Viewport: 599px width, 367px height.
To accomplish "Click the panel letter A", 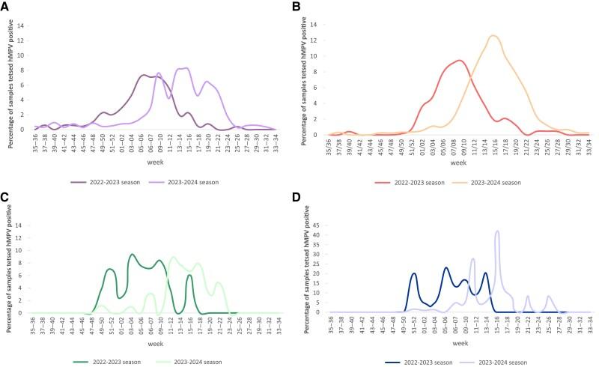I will [5, 6].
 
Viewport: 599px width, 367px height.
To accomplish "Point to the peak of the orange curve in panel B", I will [493, 35].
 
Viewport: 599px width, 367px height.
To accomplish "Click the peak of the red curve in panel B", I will [459, 61].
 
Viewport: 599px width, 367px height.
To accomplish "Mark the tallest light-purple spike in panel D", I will [497, 231].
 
